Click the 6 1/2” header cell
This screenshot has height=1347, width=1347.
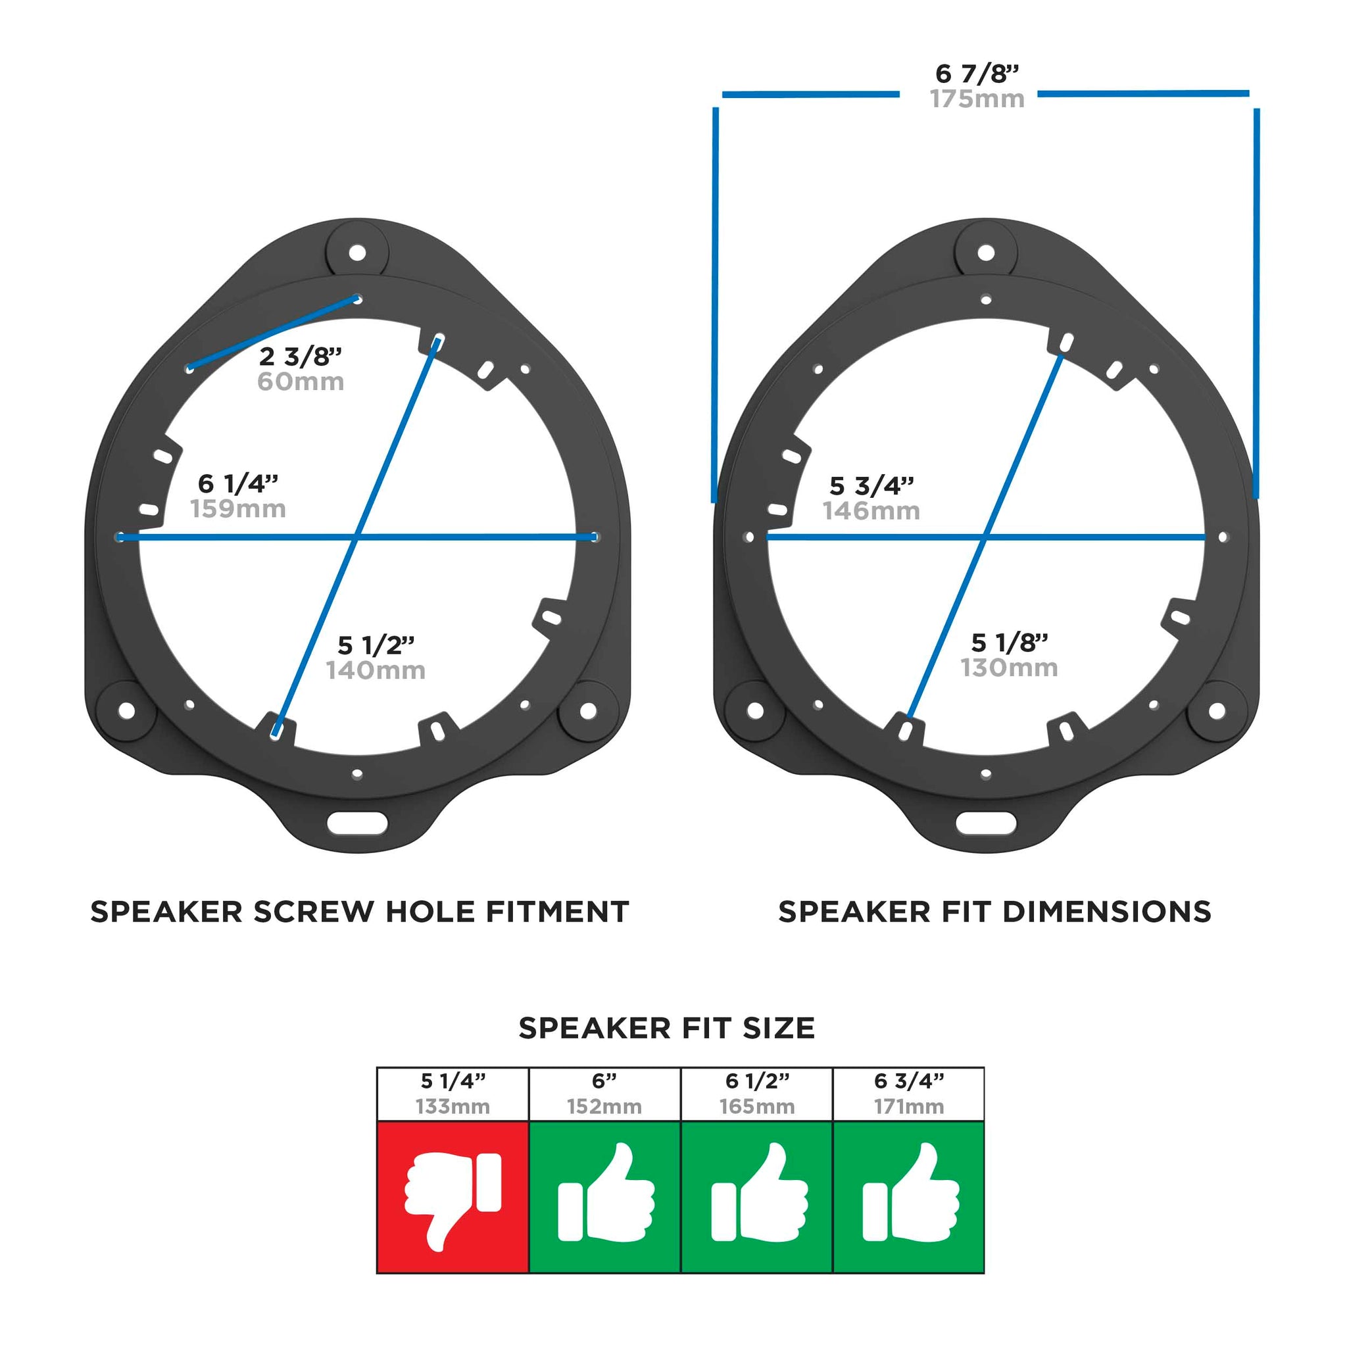(757, 1094)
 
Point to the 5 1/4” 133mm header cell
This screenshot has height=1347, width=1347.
(453, 1094)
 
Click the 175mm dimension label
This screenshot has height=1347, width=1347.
(977, 99)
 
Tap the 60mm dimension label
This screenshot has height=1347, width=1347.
(301, 381)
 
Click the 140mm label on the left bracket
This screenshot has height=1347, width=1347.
(376, 670)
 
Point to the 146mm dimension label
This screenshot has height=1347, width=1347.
(871, 511)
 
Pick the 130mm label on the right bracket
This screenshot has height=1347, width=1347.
(1009, 667)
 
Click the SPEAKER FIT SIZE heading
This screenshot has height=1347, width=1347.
(667, 1029)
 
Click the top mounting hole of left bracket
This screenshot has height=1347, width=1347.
(357, 252)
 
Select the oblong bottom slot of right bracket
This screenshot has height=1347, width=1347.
(986, 822)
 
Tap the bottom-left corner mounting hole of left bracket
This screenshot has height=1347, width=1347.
(126, 710)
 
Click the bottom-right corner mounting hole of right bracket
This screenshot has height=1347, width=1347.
(1217, 711)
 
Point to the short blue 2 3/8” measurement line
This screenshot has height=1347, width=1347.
(274, 333)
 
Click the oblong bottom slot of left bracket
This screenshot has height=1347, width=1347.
(358, 822)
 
